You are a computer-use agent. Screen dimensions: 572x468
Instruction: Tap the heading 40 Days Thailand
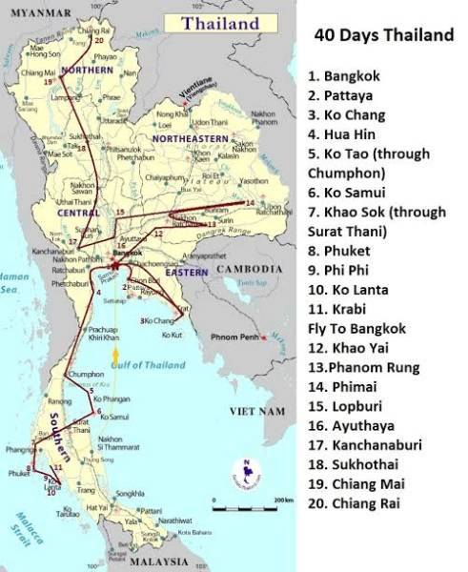tap(383, 36)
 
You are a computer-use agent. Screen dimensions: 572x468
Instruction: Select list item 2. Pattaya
tap(349, 94)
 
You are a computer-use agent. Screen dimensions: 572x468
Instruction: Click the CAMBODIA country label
tap(250, 270)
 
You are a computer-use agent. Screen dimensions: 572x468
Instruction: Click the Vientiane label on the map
tap(200, 91)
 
